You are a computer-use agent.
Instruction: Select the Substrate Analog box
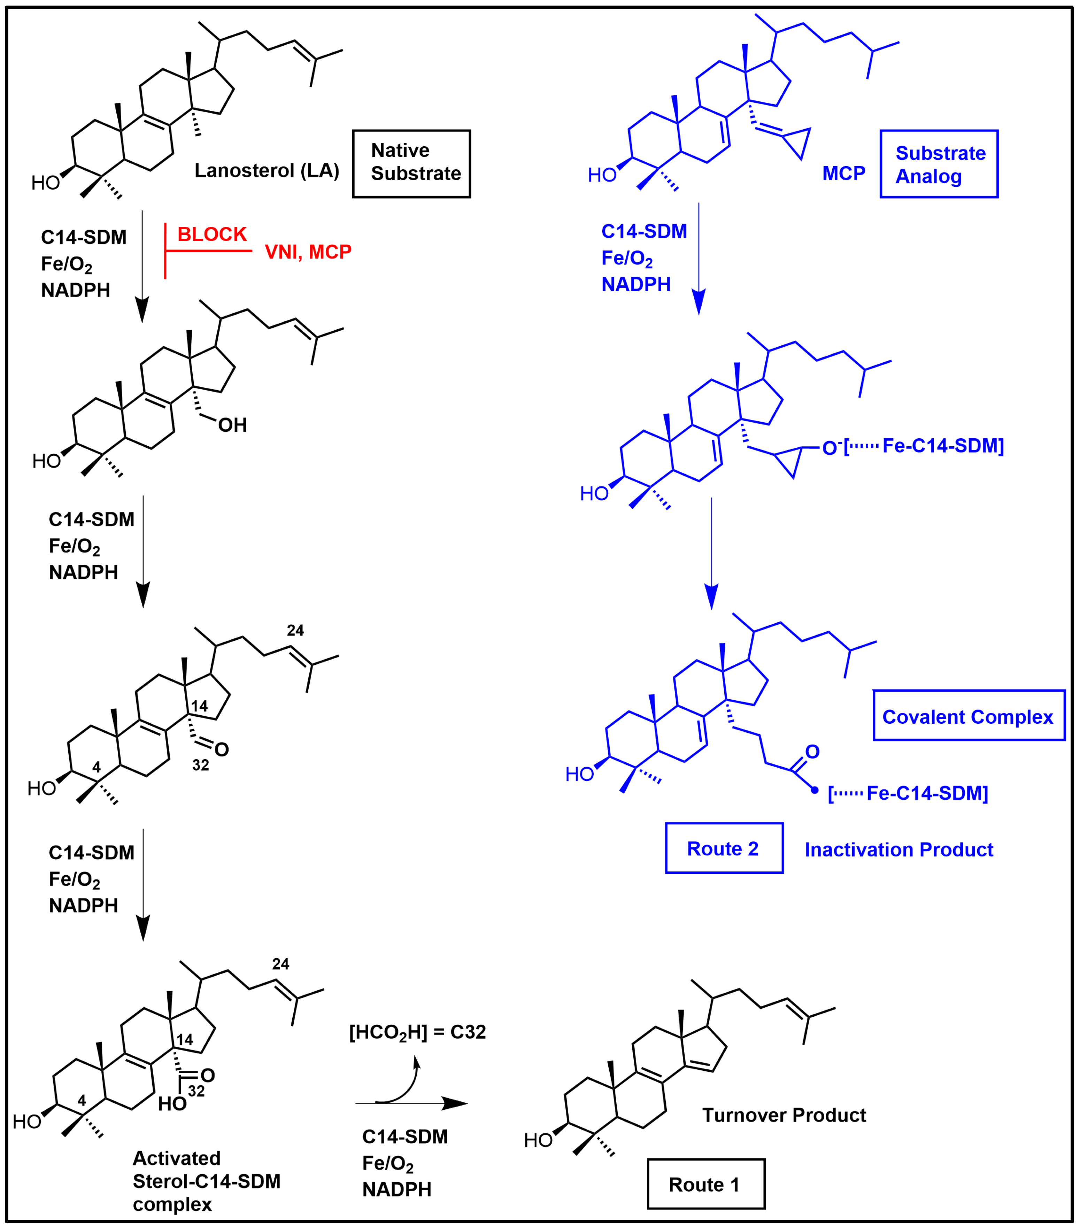point(939,164)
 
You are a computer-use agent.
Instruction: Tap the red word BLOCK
point(212,234)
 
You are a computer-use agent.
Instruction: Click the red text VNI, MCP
point(308,252)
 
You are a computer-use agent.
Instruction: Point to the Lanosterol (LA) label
point(266,170)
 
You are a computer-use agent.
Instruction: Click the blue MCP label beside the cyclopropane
point(843,174)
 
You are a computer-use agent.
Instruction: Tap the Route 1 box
point(706,1184)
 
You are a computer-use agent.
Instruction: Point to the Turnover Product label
point(784,1115)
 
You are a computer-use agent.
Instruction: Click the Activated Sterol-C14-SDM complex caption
point(206,1181)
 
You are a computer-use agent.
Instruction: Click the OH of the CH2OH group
point(232,425)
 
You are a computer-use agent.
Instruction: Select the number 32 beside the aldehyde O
point(201,765)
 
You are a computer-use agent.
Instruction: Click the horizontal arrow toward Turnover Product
point(411,1103)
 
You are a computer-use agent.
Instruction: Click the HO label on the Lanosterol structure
point(45,183)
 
